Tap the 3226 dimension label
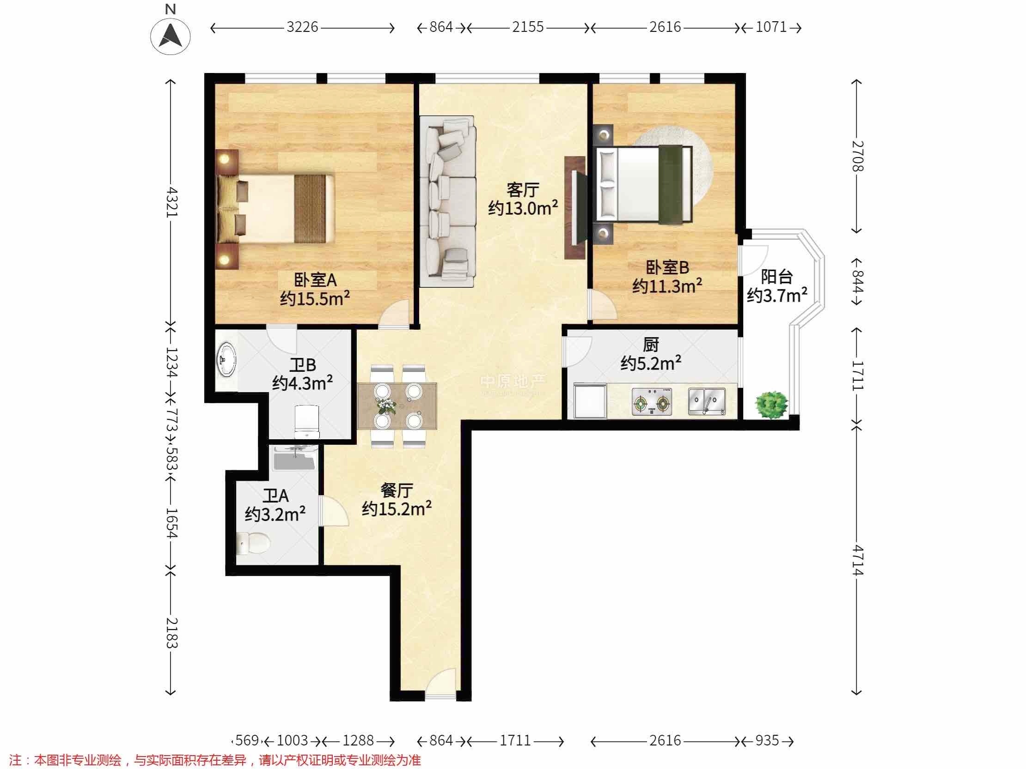click(302, 27)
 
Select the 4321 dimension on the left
click(171, 202)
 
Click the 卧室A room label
click(315, 280)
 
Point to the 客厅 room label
click(523, 189)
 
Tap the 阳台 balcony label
click(776, 277)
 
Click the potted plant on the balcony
click(771, 405)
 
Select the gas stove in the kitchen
click(652, 401)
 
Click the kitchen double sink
click(707, 401)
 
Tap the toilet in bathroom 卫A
click(252, 543)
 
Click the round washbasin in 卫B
click(226, 360)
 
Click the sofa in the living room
click(447, 201)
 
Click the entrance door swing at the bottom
click(441, 684)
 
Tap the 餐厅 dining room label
click(397, 490)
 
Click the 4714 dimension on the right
click(857, 560)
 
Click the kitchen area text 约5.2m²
click(651, 363)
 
